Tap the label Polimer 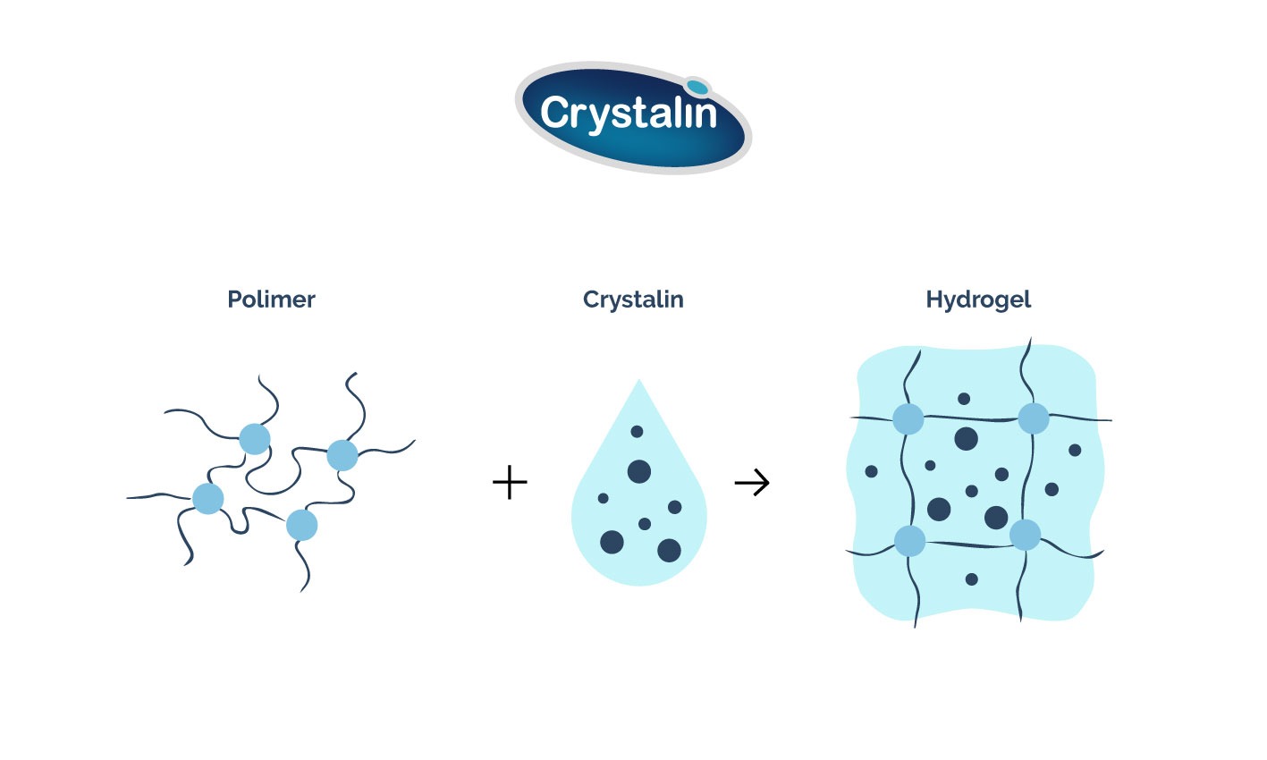271,300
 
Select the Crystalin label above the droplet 633,300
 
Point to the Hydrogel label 978,300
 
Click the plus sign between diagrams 510,484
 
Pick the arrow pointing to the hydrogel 752,484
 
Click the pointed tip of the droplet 638,383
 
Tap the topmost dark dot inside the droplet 637,432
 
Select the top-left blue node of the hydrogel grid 908,418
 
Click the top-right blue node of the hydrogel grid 1034,418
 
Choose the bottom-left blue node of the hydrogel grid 910,541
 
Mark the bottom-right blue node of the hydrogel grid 1026,535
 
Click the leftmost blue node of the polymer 208,498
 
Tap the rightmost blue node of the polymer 342,455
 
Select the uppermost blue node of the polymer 255,439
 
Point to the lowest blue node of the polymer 302,525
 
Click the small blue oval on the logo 698,88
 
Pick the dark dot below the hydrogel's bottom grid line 972,579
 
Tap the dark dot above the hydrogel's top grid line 964,399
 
